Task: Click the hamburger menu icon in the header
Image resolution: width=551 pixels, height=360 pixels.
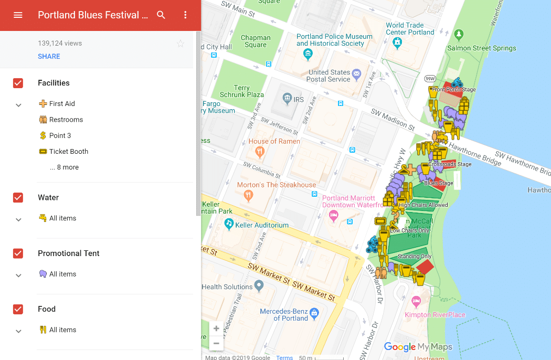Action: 18,15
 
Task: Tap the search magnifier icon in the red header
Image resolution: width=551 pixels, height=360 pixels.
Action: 161,15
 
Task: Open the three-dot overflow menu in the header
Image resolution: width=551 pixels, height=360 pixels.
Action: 185,15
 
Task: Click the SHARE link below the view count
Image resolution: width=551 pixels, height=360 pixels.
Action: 49,56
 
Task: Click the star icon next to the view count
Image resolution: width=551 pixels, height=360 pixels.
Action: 181,44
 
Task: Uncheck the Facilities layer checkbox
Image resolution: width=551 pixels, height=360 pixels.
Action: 18,83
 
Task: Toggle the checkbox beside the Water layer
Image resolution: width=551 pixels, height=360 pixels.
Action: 18,197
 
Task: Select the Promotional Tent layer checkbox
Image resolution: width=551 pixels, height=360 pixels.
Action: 18,253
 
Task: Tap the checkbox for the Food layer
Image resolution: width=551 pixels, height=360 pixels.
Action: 18,309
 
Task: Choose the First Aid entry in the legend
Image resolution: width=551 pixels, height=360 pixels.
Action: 62,104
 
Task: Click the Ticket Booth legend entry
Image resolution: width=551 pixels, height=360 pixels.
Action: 68,151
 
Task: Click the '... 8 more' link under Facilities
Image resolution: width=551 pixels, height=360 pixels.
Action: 64,167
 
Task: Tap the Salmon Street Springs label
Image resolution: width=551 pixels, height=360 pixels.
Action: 481,48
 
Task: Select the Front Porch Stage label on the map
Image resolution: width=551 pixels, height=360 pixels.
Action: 454,90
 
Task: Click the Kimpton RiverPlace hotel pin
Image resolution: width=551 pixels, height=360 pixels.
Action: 416,302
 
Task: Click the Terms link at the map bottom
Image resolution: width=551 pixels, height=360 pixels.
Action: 284,357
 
